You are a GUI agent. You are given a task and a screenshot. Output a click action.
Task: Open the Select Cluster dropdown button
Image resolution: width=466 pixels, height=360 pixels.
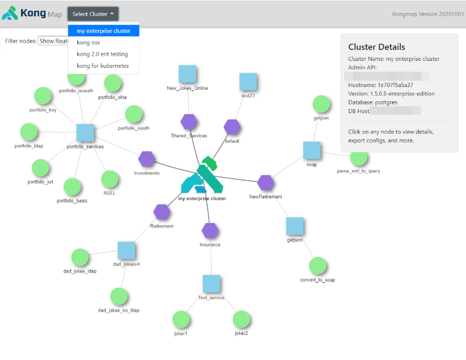click(93, 14)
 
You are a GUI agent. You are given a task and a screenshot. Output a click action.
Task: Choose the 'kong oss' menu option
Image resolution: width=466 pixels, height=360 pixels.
click(88, 43)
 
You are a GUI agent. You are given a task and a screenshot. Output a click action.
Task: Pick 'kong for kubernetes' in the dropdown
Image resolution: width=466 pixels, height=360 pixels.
click(102, 66)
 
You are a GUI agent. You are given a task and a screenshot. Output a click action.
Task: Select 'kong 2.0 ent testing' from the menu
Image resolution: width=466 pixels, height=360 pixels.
click(102, 54)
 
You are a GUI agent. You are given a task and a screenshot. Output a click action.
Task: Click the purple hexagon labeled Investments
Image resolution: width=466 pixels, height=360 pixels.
click(147, 159)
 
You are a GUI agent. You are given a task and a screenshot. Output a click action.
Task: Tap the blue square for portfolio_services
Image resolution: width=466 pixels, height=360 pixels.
click(85, 133)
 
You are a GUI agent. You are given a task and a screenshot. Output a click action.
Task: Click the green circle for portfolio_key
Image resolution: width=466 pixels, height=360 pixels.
click(44, 97)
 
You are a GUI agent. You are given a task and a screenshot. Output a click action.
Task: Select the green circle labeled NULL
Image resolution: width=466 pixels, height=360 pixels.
click(110, 179)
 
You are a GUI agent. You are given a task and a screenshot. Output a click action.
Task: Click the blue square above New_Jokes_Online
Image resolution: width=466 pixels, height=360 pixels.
click(187, 74)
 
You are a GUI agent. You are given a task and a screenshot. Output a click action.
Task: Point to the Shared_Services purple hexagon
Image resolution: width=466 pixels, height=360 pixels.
click(189, 122)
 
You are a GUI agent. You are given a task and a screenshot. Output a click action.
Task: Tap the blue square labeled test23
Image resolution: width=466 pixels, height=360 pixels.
click(248, 81)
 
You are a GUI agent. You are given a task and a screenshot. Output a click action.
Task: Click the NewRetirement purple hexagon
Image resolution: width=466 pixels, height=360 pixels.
click(266, 183)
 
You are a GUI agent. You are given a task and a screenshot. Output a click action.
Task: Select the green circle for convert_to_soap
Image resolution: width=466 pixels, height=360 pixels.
click(317, 266)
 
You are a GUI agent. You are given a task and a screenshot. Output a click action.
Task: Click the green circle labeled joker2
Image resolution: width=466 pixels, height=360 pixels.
click(241, 319)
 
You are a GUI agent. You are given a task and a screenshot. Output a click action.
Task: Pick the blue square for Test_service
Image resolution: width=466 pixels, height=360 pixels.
click(211, 283)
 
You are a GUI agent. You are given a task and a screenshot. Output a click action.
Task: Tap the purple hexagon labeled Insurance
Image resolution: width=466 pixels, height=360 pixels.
click(210, 230)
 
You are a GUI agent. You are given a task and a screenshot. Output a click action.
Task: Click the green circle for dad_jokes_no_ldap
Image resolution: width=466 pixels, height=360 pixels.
click(119, 296)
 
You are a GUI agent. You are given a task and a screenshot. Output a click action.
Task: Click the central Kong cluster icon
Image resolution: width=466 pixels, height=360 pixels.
click(202, 176)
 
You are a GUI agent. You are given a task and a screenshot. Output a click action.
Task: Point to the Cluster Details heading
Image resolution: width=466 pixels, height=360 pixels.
click(377, 47)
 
